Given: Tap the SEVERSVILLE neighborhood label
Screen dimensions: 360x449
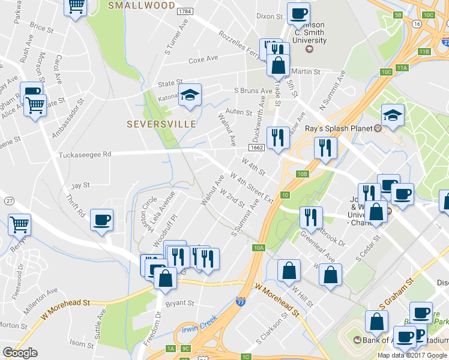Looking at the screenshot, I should tap(161, 124).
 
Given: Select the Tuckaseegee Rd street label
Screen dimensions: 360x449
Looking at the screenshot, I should tap(85, 155).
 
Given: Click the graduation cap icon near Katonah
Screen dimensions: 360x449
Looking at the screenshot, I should tap(190, 95).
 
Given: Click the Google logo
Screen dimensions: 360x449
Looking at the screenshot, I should tap(20, 353).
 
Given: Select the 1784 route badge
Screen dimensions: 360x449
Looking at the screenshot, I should tap(185, 11).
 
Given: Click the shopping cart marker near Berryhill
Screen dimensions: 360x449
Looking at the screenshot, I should tap(20, 225).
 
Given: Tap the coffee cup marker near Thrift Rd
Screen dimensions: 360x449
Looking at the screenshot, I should tap(101, 220).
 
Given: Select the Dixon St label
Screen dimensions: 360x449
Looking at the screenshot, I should tap(269, 17).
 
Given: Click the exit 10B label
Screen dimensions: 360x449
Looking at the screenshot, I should tap(302, 174).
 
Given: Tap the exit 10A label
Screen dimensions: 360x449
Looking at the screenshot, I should tap(259, 247).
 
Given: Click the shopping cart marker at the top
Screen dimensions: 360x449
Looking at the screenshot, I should tap(76, 7).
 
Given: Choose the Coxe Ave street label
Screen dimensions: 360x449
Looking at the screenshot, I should tap(203, 60).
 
